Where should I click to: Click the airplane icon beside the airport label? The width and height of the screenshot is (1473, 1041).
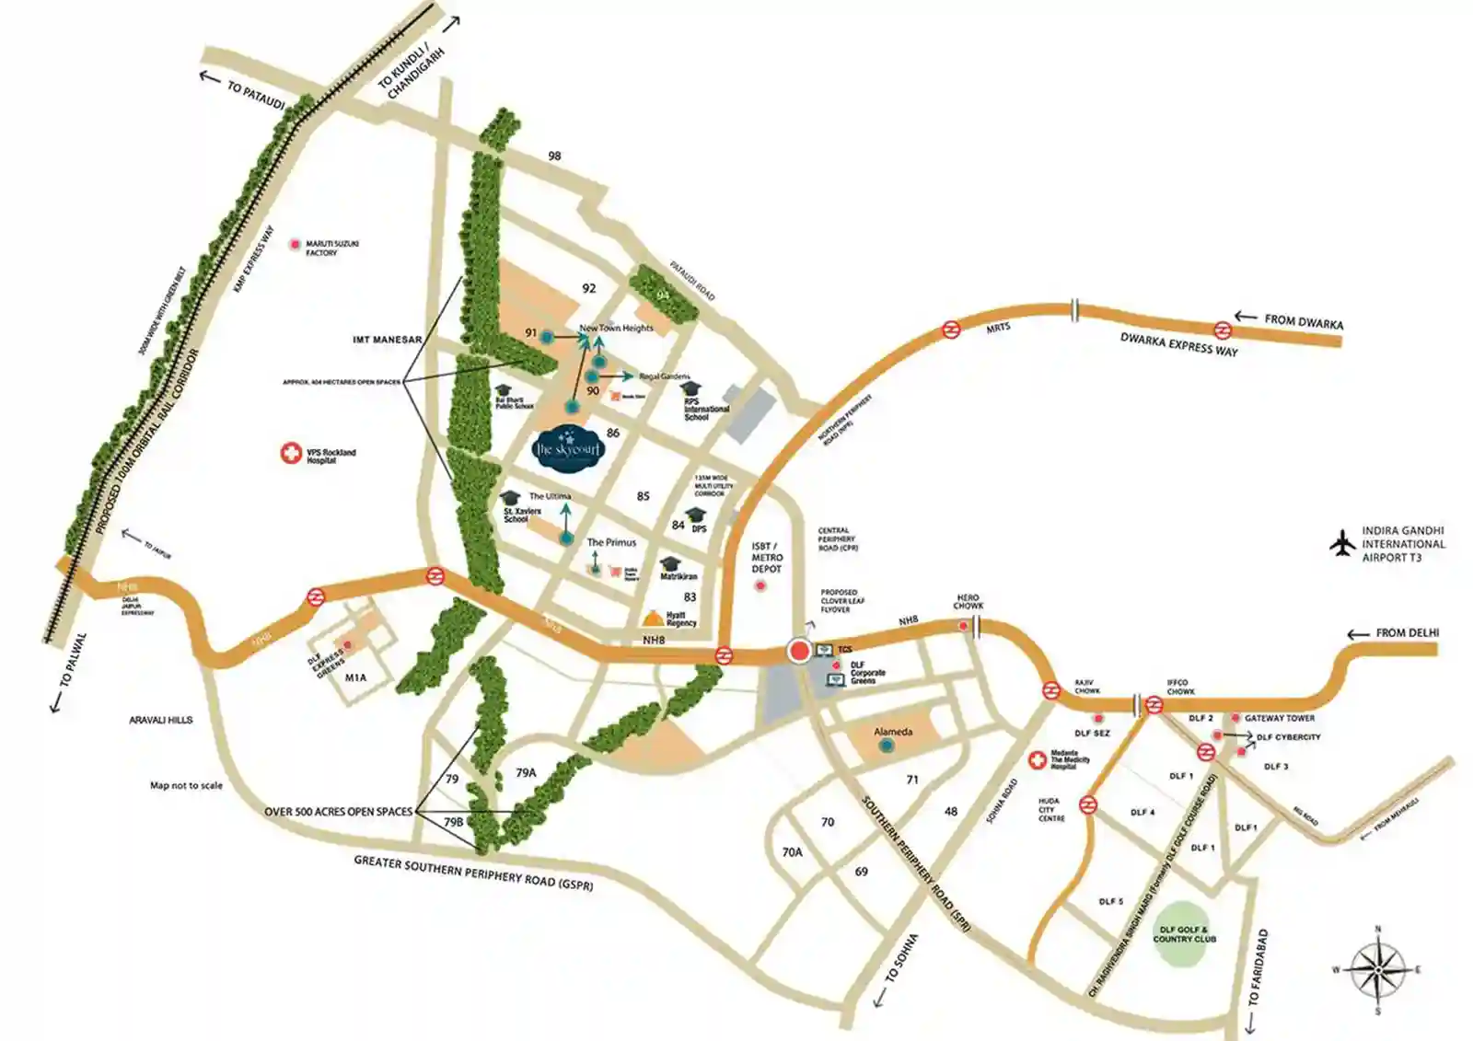pyautogui.click(x=1344, y=544)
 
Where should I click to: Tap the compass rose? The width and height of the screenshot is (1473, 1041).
pyautogui.click(x=1378, y=970)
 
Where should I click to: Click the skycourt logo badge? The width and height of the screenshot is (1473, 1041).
pyautogui.click(x=568, y=448)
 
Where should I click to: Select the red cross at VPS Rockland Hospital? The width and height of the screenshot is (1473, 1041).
pyautogui.click(x=291, y=453)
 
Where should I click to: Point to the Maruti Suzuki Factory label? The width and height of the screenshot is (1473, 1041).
pyautogui.click(x=332, y=248)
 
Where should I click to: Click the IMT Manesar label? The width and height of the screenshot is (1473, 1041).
pyautogui.click(x=387, y=340)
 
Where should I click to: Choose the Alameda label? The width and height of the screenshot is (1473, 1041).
pyautogui.click(x=893, y=732)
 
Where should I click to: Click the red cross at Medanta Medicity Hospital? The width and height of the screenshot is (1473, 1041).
pyautogui.click(x=1038, y=760)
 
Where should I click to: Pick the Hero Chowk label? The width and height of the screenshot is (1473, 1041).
pyautogui.click(x=968, y=601)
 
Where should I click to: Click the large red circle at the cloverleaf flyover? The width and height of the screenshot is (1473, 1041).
pyautogui.click(x=800, y=652)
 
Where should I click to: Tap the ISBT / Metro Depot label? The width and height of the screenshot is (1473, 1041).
pyautogui.click(x=767, y=558)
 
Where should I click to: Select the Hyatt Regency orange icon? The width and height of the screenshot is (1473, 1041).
pyautogui.click(x=653, y=618)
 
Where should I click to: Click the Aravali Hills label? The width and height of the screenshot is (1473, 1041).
pyautogui.click(x=161, y=720)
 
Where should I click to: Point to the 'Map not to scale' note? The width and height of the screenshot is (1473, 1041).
pyautogui.click(x=186, y=785)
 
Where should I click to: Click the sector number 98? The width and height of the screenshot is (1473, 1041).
pyautogui.click(x=554, y=156)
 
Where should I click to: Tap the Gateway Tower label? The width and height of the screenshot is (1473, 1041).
pyautogui.click(x=1280, y=718)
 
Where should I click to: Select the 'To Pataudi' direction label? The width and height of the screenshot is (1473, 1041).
pyautogui.click(x=255, y=96)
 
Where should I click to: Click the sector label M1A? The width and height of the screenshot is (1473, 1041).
pyautogui.click(x=355, y=677)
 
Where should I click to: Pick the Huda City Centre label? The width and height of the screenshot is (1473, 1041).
pyautogui.click(x=1050, y=810)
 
